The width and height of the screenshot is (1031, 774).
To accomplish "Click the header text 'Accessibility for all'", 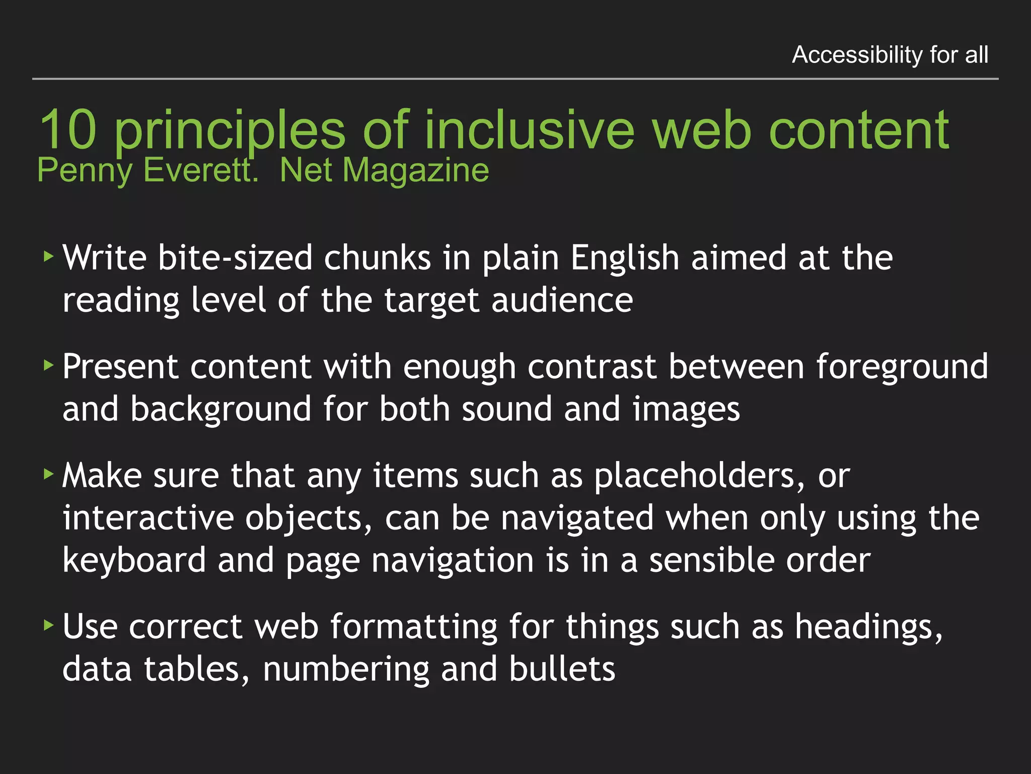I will [890, 54].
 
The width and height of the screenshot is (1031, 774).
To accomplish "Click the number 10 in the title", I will [68, 130].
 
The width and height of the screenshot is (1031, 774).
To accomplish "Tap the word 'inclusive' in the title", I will [530, 130].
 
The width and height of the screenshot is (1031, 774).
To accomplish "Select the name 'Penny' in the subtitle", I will [84, 170].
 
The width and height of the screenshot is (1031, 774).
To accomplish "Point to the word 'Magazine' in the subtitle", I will [415, 170].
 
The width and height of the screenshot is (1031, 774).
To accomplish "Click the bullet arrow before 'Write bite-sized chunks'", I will [48, 256].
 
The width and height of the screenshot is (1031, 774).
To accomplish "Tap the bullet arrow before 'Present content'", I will [48, 365].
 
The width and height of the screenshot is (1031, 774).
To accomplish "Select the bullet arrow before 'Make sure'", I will [48, 474].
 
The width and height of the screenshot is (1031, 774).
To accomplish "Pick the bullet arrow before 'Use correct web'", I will [48, 625].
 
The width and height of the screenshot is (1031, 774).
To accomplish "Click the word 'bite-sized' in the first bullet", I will [235, 258].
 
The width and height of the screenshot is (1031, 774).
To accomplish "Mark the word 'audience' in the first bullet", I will [562, 301].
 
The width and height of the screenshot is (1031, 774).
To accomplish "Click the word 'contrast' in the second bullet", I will [592, 367].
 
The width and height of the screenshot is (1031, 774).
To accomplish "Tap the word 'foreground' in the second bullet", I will [902, 367].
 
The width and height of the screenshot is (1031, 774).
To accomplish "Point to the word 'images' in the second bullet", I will [686, 409].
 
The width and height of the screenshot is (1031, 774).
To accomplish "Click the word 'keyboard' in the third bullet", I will [134, 560].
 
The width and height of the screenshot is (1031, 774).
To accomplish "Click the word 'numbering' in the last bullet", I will [346, 670].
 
